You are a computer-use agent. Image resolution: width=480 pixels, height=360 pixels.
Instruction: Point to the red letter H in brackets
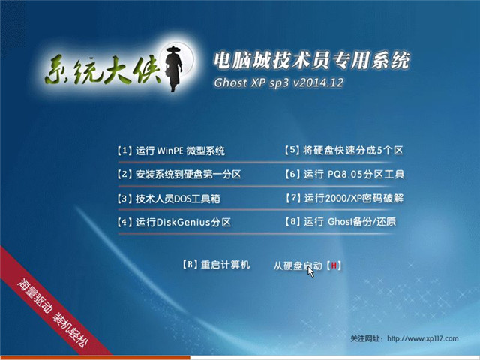click(334, 265)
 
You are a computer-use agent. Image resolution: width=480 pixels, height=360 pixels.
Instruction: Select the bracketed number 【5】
click(293, 151)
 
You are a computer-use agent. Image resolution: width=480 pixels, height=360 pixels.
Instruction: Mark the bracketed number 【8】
click(293, 223)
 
